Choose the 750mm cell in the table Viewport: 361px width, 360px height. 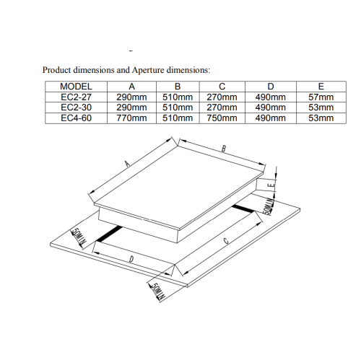pyautogui.click(x=222, y=117)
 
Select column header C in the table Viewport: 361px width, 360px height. pyautogui.click(x=222, y=87)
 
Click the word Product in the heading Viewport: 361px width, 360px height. pyautogui.click(x=58, y=70)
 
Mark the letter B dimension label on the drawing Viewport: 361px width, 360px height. pyautogui.click(x=224, y=149)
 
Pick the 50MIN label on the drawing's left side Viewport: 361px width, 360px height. pyautogui.click(x=77, y=237)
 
